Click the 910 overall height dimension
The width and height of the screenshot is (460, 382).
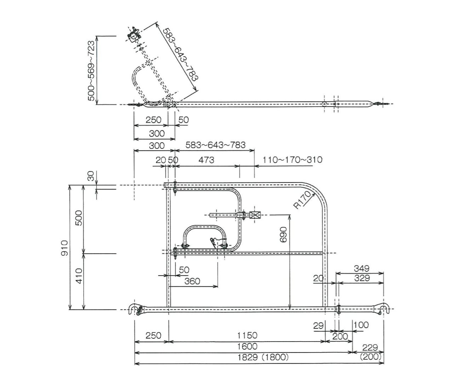[64, 248]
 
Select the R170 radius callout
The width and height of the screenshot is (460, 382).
[301, 200]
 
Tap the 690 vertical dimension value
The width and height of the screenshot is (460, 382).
[283, 234]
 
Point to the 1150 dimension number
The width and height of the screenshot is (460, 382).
[247, 336]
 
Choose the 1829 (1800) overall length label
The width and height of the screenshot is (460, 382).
[263, 357]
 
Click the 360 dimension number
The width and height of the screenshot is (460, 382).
[192, 281]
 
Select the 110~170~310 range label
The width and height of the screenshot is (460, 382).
[293, 160]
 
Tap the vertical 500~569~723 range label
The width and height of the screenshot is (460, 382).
[91, 71]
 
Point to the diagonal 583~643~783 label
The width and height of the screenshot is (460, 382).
[180, 54]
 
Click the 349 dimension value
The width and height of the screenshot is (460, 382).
[362, 269]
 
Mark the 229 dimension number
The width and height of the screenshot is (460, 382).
[370, 348]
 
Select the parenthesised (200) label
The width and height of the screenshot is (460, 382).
[370, 356]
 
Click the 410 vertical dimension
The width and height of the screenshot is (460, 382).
[79, 276]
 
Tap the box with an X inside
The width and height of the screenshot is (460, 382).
[255, 215]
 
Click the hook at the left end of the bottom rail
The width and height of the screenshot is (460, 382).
[135, 309]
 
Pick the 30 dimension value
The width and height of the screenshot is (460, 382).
[91, 176]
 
